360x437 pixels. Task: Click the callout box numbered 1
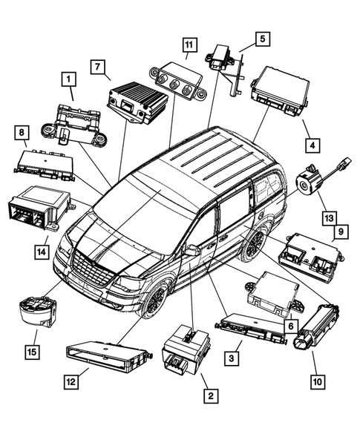tap(68, 78)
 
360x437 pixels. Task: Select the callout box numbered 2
tap(211, 396)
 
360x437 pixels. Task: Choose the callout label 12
tap(69, 381)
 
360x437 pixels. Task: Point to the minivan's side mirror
tap(192, 251)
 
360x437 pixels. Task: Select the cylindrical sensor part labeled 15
tap(36, 311)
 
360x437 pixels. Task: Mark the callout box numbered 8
tap(22, 133)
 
